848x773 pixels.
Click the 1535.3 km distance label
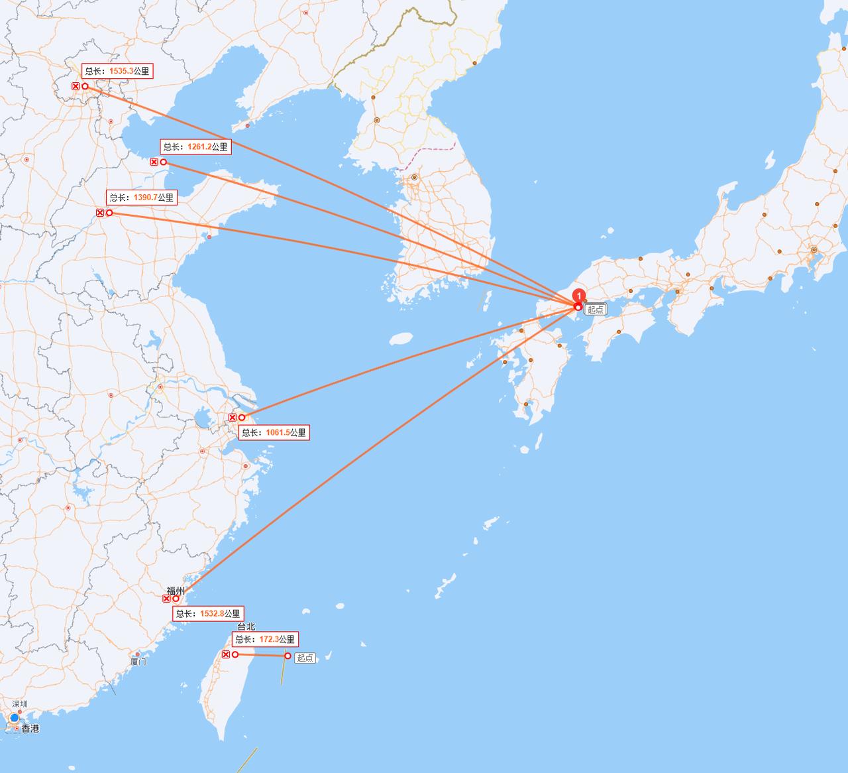(117, 71)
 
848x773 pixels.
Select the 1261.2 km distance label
(195, 147)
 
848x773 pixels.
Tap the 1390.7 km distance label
(141, 198)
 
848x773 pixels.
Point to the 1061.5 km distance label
(274, 432)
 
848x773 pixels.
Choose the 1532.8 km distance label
(208, 614)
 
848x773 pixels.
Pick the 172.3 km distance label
(264, 639)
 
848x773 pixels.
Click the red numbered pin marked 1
(579, 296)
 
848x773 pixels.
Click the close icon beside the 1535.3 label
(76, 86)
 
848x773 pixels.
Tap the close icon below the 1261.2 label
(154, 162)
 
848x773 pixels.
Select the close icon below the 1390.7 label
(99, 213)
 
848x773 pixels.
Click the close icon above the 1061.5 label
(232, 417)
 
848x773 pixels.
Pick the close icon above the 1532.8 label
(166, 599)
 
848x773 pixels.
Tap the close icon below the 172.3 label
(225, 654)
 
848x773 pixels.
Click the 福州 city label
(176, 590)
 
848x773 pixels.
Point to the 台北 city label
(246, 626)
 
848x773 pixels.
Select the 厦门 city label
(138, 661)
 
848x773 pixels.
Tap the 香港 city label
(30, 729)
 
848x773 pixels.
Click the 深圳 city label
(20, 704)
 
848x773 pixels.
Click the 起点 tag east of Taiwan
(305, 658)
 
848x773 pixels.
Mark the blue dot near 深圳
(15, 718)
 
